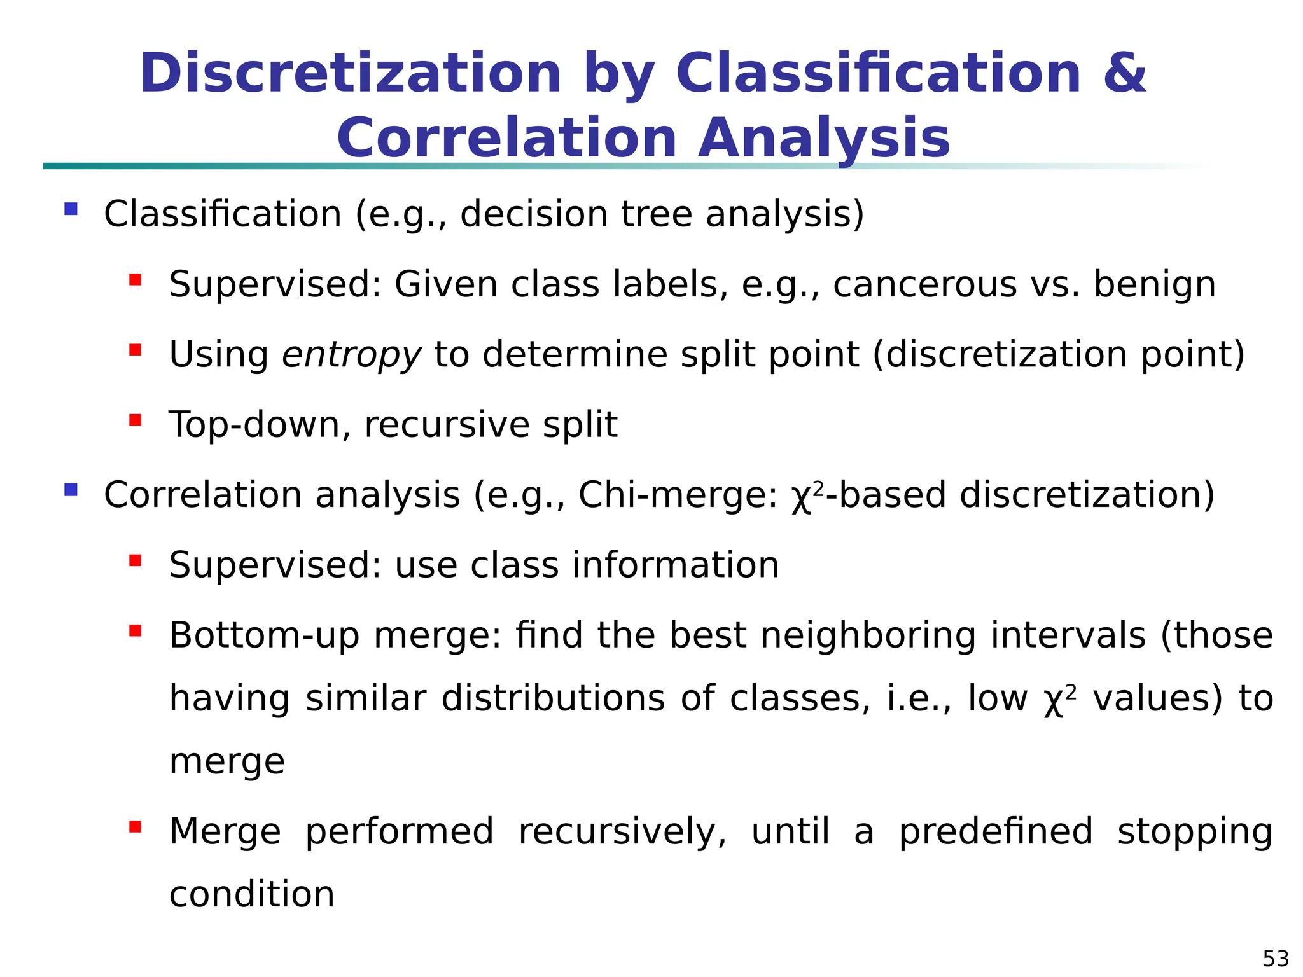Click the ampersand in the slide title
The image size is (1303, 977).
pos(1124,73)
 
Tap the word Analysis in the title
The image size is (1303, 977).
pos(824,139)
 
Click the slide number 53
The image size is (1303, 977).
pos(1276,958)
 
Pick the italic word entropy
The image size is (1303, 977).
pos(351,355)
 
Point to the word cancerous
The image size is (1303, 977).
pos(925,284)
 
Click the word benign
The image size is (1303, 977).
pos(1154,286)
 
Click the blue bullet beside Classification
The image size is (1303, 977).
pos(71,209)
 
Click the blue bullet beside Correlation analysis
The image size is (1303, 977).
pos(71,490)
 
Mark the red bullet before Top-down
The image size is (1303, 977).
pos(135,420)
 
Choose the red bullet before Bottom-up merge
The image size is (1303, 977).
pos(135,630)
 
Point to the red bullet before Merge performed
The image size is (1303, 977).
pos(135,827)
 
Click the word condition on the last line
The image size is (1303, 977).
pos(252,894)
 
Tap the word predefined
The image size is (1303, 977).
pos(996,831)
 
